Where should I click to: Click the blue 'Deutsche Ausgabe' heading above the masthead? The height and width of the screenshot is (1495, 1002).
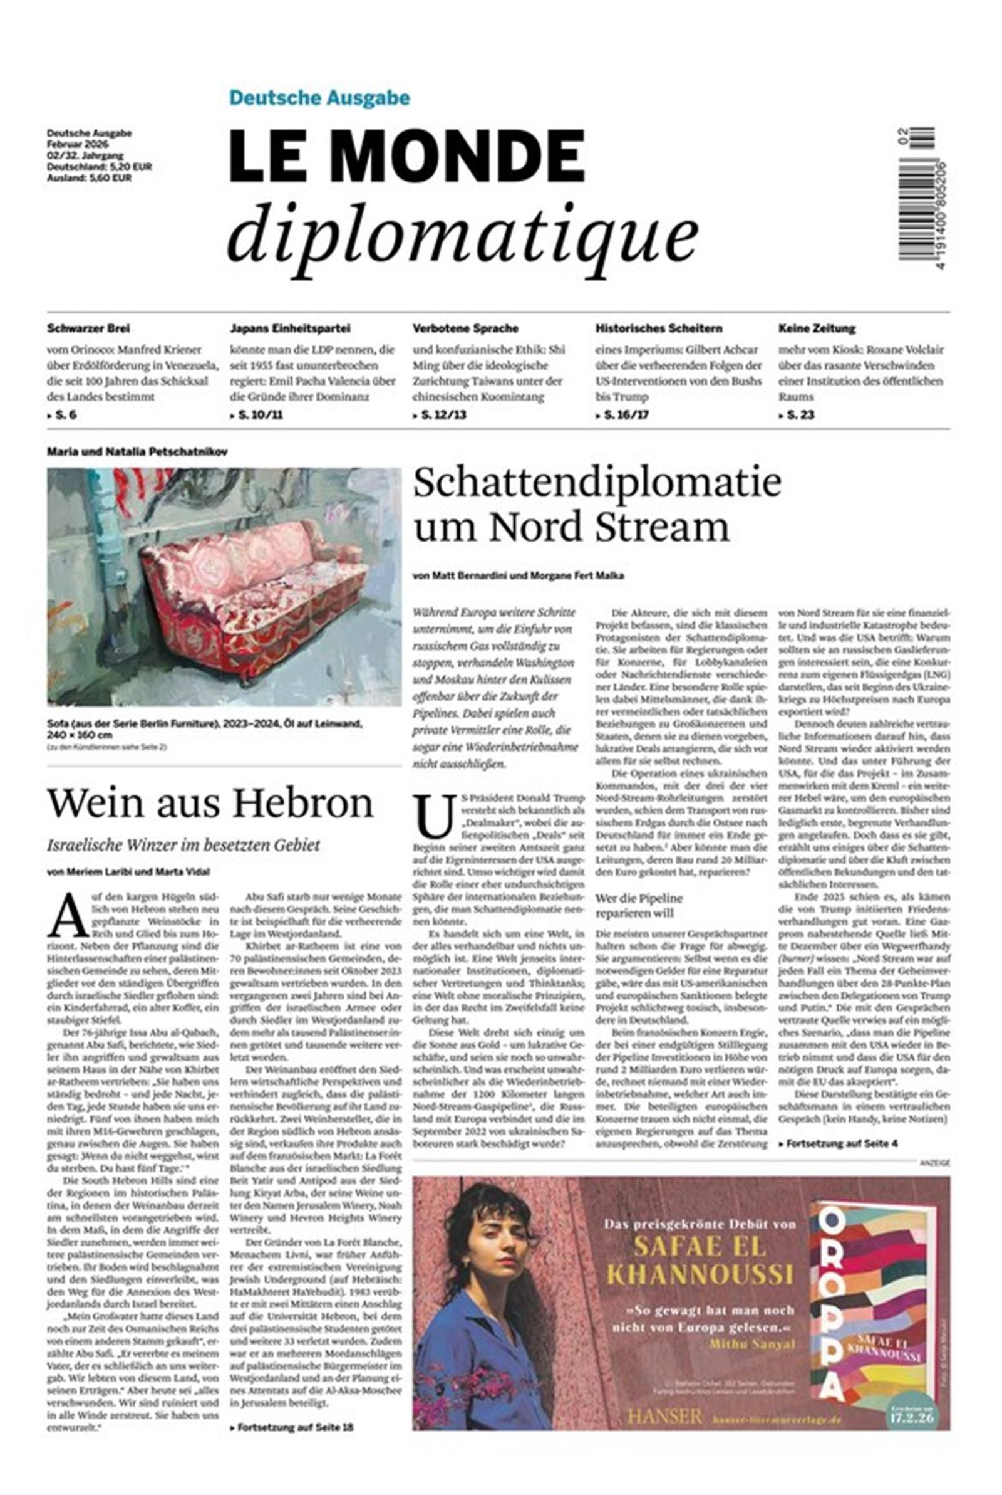pos(319,98)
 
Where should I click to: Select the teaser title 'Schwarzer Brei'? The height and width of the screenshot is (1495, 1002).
pos(88,328)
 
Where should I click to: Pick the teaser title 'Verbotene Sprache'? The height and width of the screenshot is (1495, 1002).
pos(465,328)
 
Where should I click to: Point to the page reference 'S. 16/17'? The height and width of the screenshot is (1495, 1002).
pos(625,415)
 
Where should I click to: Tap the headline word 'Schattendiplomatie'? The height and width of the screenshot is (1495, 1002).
pos(597,483)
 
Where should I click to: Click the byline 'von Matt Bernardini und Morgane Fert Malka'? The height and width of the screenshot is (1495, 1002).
pos(519,575)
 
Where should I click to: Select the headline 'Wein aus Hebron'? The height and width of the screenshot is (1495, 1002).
pos(210,803)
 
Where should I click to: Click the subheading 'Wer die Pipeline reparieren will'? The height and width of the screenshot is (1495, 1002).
pos(639,906)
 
